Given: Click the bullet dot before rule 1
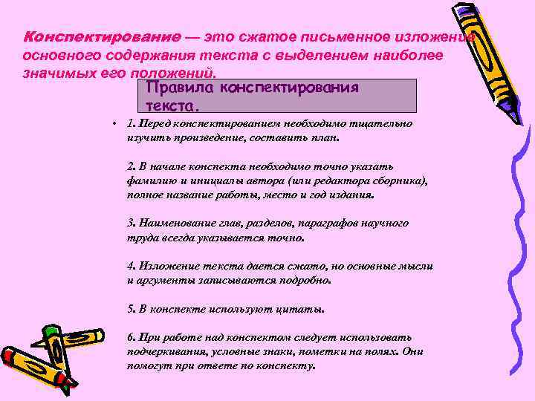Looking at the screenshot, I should [108, 124].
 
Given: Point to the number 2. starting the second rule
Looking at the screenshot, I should [132, 166].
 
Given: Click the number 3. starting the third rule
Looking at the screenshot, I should [132, 223].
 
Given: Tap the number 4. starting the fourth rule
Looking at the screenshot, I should [132, 265].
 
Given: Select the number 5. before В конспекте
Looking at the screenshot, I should [132, 308].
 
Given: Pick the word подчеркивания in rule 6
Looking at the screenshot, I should [163, 351].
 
